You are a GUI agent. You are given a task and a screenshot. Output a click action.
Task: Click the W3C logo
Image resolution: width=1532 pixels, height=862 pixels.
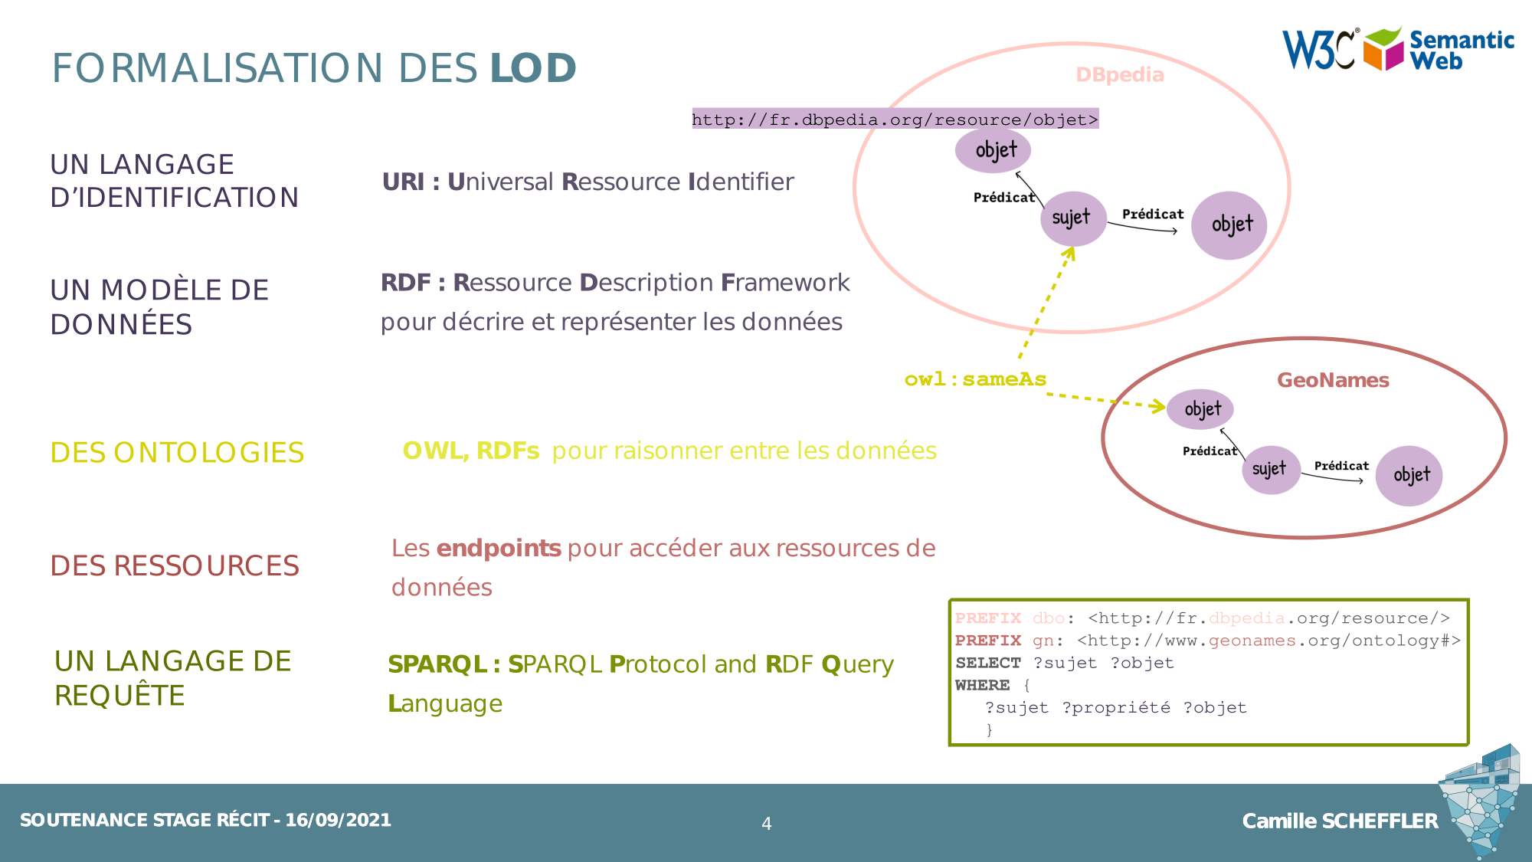[x=1320, y=50]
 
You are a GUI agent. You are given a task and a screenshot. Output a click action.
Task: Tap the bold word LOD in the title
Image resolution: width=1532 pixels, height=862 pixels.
[x=533, y=68]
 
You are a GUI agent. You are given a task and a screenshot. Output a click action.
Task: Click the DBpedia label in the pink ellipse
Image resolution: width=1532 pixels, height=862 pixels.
[x=1119, y=75]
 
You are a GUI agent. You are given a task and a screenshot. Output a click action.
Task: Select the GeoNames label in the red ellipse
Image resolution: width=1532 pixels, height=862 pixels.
[x=1332, y=380]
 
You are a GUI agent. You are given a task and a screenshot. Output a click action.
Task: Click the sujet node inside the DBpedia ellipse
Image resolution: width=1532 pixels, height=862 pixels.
[x=1072, y=218]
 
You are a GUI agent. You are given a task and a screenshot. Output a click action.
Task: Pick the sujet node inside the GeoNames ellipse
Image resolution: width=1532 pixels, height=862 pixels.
[x=1270, y=469]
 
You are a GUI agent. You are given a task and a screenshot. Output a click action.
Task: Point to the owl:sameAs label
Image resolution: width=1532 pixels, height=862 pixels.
[x=974, y=379]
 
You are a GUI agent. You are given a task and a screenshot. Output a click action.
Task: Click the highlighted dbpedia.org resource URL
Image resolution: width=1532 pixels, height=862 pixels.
[x=895, y=120]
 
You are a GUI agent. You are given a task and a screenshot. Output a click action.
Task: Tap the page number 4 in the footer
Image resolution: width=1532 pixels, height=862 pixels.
[x=766, y=824]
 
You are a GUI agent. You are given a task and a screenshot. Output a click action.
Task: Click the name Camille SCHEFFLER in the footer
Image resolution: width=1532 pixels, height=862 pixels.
[x=1340, y=821]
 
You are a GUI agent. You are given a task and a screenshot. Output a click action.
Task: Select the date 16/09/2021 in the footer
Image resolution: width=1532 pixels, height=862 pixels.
[x=338, y=820]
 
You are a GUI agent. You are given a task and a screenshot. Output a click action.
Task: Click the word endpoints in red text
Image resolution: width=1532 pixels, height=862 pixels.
[x=499, y=549]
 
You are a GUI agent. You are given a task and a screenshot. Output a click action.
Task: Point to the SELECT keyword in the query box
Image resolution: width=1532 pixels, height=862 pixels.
[x=987, y=663]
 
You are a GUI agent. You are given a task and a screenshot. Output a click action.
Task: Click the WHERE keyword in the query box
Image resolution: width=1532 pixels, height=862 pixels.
[x=982, y=685]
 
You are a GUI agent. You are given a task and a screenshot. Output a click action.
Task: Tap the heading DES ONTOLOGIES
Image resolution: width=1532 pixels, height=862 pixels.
[x=177, y=453]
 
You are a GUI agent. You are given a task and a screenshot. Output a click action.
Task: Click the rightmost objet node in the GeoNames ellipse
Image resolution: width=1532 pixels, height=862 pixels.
[x=1409, y=476]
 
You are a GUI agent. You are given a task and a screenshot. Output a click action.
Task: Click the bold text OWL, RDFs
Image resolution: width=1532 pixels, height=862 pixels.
[x=471, y=451]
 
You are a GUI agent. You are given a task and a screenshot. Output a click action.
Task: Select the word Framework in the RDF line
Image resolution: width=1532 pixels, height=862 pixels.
[x=785, y=283]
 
